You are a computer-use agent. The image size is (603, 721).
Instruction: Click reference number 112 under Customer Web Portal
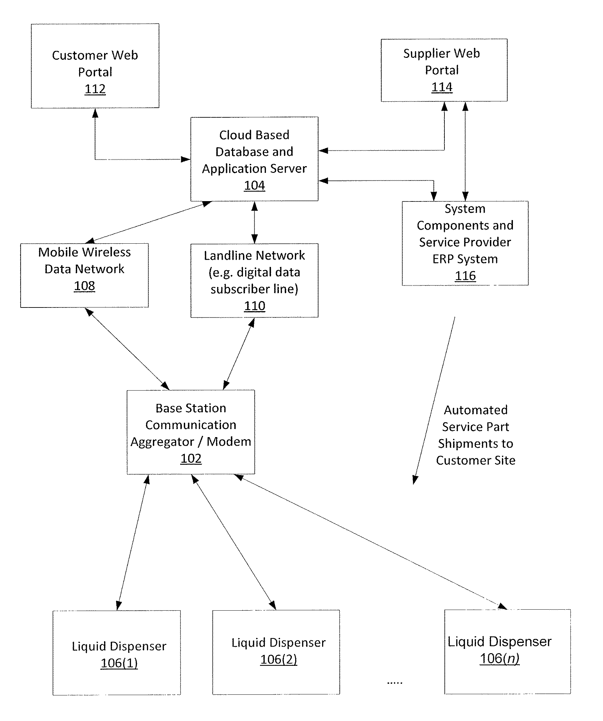95,89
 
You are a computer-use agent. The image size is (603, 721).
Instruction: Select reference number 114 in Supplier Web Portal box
442,87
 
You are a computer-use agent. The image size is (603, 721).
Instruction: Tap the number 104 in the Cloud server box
254,185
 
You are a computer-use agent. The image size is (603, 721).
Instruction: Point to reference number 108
84,286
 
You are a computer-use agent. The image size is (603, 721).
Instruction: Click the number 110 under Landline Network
254,305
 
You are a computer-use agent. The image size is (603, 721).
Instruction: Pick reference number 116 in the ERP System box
465,276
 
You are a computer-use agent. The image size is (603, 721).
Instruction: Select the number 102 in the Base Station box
191,458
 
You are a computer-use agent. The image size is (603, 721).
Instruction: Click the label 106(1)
119,663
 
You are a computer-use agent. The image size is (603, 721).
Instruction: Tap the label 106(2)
279,659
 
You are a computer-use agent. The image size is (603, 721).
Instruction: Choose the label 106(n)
500,659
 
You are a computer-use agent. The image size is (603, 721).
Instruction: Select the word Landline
228,255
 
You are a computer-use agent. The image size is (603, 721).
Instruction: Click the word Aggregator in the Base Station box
162,442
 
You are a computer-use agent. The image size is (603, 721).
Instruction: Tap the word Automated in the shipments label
476,410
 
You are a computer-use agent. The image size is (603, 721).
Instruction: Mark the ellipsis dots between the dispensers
395,683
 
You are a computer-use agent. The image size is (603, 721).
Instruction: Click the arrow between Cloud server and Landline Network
254,222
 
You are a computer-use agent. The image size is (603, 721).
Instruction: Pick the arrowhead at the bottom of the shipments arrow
415,480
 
